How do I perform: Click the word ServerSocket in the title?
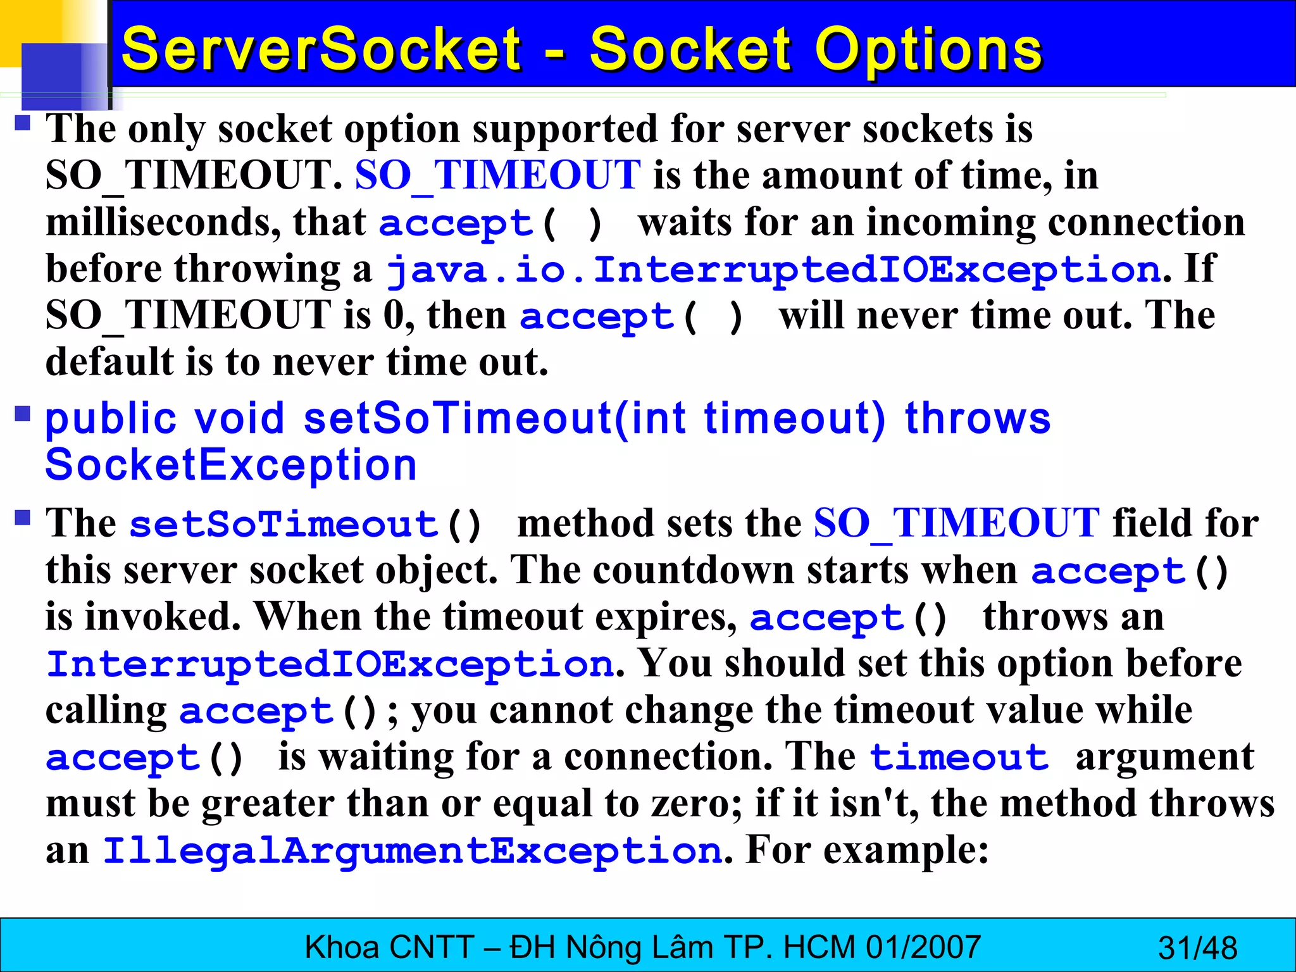click(x=321, y=49)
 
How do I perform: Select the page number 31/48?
click(x=1197, y=948)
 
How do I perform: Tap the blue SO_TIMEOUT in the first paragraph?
click(x=497, y=175)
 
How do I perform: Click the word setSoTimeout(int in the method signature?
click(x=495, y=419)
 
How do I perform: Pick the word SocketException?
click(x=231, y=466)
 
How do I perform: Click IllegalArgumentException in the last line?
click(x=412, y=850)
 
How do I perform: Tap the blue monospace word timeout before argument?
click(x=959, y=757)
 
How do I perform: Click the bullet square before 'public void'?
click(x=23, y=414)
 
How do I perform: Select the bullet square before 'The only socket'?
click(x=23, y=122)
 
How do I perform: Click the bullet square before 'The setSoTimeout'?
click(x=23, y=518)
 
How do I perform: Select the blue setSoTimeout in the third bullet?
click(x=283, y=525)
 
